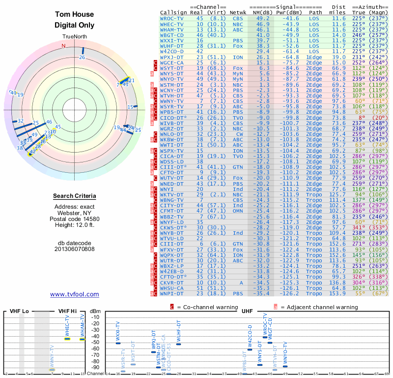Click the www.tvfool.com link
tap(74, 294)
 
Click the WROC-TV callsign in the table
tap(171, 18)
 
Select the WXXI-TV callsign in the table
tap(171, 40)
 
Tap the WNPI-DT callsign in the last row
tap(171, 294)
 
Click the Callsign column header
tap(171, 12)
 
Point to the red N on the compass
tap(63, 46)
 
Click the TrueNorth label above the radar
tap(74, 37)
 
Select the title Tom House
tap(74, 15)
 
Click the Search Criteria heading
tap(74, 196)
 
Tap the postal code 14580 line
tap(74, 219)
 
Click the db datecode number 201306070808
tap(74, 249)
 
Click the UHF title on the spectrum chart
tap(248, 312)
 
